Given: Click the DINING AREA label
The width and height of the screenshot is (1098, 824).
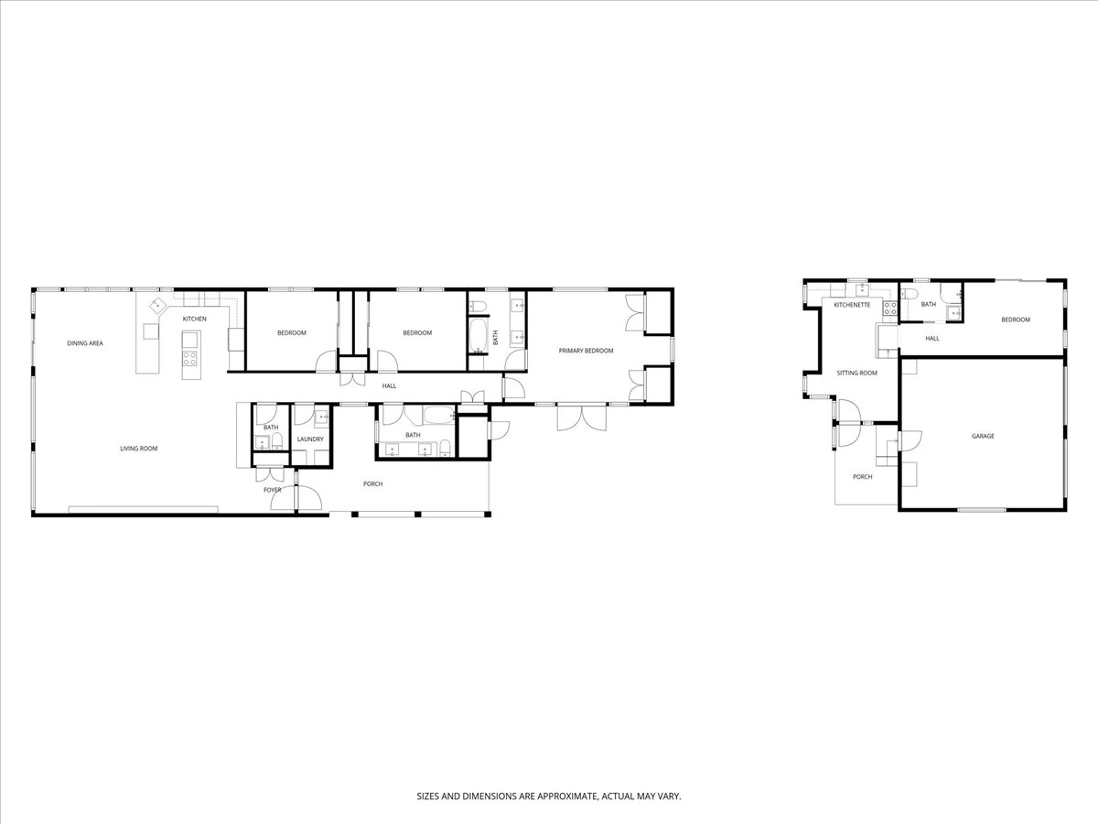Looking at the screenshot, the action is click(85, 343).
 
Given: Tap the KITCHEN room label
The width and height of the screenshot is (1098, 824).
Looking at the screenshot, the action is click(195, 319).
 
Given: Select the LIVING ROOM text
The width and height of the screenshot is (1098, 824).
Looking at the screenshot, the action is click(138, 449).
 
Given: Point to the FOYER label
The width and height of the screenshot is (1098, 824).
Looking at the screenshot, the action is click(272, 490).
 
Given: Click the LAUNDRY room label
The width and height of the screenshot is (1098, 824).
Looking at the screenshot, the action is click(310, 439).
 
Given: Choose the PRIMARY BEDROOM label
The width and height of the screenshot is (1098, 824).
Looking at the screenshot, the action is click(586, 351).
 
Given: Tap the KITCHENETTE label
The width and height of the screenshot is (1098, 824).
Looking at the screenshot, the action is click(852, 305).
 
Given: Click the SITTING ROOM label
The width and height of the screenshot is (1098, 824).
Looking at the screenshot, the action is click(856, 373).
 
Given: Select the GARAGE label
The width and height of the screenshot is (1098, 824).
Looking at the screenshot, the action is click(983, 437).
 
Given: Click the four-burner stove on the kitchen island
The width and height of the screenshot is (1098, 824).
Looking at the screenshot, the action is click(189, 358).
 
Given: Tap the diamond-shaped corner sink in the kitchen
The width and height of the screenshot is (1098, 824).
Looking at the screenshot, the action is click(157, 304).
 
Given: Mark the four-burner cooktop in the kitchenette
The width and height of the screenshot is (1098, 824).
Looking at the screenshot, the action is click(890, 308).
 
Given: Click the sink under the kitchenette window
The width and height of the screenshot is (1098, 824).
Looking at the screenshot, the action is click(861, 289).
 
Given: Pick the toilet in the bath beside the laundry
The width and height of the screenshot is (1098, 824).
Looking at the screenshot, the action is click(277, 440).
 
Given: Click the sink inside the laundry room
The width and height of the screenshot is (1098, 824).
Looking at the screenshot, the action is click(322, 417).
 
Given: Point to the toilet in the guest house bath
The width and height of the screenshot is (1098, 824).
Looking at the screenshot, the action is click(909, 294).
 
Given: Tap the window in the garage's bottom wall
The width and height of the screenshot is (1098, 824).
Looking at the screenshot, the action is click(982, 510).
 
